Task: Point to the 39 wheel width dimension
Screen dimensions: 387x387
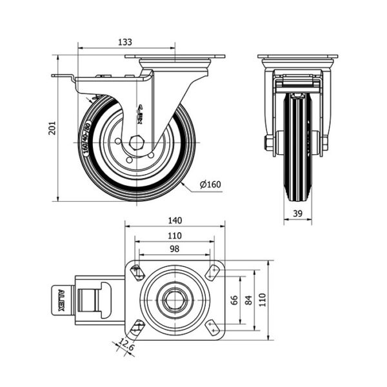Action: [297, 214]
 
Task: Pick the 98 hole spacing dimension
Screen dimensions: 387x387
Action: [174, 249]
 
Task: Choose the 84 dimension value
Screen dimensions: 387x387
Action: [248, 300]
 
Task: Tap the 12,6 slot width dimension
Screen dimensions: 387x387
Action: [127, 349]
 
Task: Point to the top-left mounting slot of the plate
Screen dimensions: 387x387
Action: [137, 273]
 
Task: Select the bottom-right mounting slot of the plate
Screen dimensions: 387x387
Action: [212, 327]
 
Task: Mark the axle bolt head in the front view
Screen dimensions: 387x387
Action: [268, 142]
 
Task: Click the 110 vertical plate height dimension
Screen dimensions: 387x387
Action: [263, 300]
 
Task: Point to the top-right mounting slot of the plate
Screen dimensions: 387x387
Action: [212, 273]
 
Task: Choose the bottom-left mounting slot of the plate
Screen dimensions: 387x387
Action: [137, 327]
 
